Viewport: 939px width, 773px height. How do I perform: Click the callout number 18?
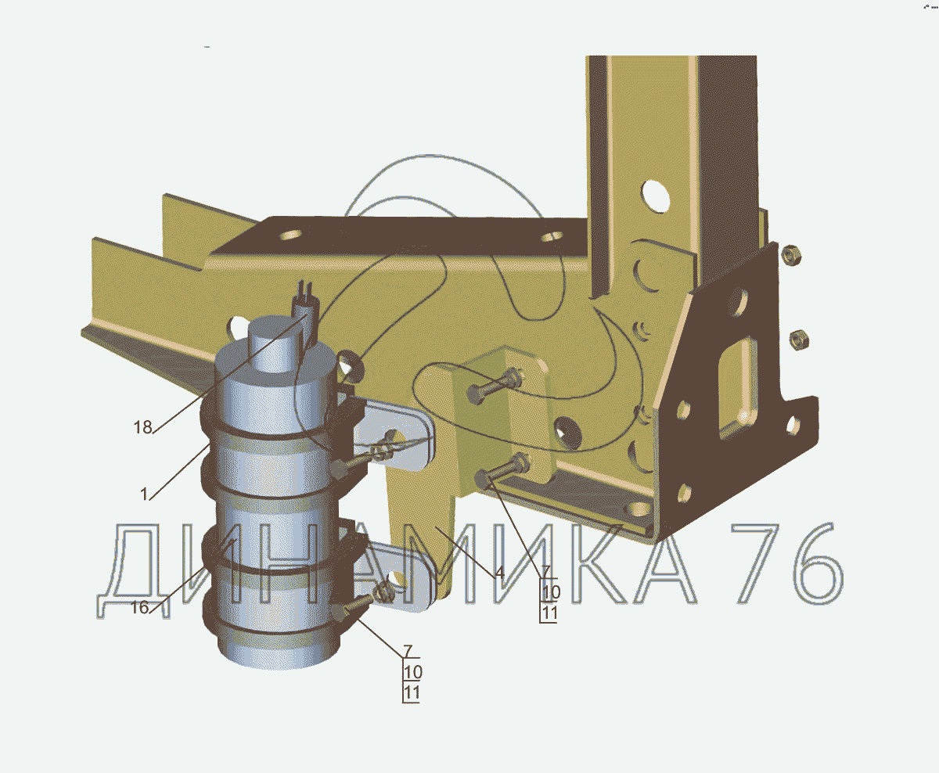pos(142,427)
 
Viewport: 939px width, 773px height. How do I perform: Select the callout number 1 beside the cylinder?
pos(144,494)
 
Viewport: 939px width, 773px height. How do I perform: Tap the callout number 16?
pos(139,607)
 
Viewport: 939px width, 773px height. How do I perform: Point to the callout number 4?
pos(499,573)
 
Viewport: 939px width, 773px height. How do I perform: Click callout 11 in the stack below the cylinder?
pos(412,693)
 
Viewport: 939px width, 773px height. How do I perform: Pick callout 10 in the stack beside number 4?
pos(551,592)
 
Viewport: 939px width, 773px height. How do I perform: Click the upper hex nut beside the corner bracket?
pos(791,255)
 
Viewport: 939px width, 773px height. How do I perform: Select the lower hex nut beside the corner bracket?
pos(799,340)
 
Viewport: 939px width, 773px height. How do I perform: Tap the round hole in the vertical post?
pos(656,196)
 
